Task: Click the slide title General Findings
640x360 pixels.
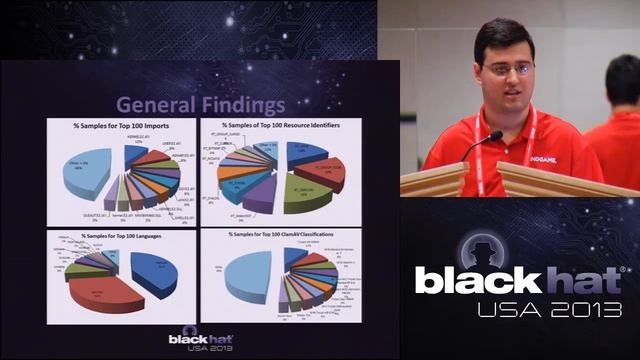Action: [200, 103]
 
